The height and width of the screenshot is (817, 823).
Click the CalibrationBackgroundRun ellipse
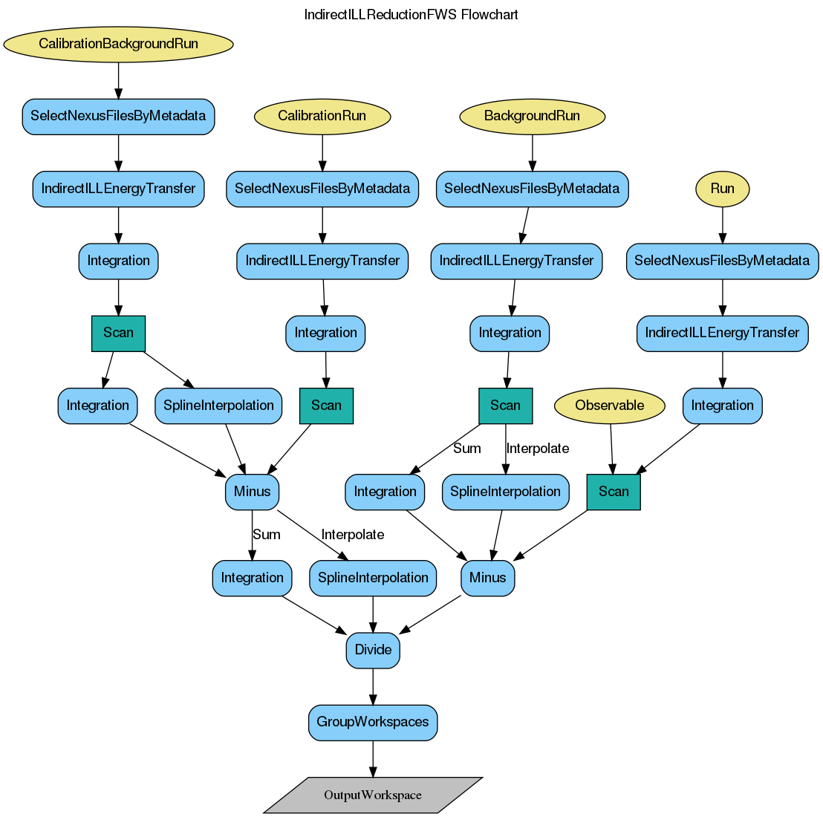118,44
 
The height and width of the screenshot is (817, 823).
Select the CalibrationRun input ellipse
322,116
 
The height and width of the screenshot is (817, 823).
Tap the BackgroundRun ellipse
531,116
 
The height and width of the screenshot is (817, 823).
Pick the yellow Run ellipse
722,189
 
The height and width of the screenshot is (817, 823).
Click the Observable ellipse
610,406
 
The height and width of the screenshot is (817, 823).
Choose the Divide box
373,650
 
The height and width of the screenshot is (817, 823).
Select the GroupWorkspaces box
373,722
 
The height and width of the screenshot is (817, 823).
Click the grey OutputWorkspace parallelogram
373,795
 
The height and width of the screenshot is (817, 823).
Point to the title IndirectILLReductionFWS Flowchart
411,15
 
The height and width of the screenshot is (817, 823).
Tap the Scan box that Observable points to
614,492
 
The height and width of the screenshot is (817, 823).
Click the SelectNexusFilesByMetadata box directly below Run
722,261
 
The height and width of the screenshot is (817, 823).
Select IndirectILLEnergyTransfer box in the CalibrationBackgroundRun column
118,189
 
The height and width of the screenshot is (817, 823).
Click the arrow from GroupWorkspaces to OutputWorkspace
373,758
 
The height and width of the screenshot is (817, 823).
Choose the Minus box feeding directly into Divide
487,578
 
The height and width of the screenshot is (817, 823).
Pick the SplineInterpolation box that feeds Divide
373,578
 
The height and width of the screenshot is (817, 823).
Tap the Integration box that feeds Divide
252,578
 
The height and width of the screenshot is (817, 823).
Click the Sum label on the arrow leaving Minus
267,535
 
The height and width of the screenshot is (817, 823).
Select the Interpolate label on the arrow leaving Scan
538,449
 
